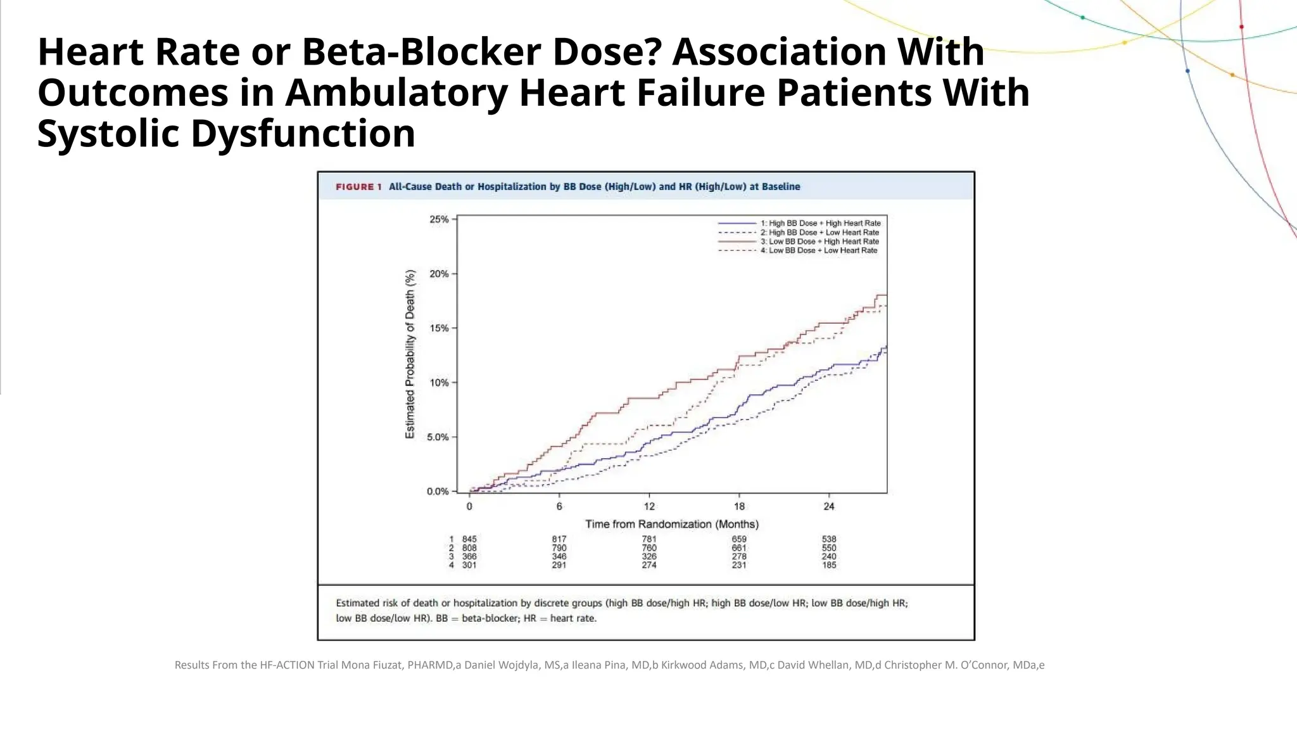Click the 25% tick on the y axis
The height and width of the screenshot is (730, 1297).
click(439, 219)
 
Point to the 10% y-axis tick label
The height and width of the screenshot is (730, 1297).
click(439, 383)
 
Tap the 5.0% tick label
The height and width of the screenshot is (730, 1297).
click(437, 437)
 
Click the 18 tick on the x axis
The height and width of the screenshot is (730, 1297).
click(739, 506)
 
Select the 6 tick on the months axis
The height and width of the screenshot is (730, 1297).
click(559, 506)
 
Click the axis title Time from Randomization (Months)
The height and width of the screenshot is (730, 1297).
click(671, 524)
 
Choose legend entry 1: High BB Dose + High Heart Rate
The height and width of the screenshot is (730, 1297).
click(820, 223)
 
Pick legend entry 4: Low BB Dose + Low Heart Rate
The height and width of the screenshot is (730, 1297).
click(819, 250)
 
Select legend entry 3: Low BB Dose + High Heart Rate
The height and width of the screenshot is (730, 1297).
click(819, 241)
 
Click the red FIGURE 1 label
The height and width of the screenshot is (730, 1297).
click(358, 187)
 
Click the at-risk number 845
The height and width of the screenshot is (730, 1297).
click(469, 539)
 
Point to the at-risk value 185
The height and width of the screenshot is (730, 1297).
click(829, 565)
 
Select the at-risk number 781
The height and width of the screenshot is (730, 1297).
click(649, 539)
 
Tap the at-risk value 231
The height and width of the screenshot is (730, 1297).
click(739, 565)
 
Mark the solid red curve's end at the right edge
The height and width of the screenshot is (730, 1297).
click(885, 295)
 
